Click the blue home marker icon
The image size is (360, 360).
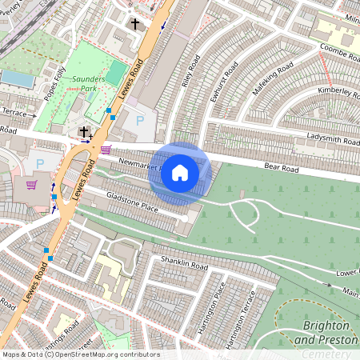tap(180, 173)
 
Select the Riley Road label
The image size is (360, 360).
tap(190, 74)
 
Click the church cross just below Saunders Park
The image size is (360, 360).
tap(84, 131)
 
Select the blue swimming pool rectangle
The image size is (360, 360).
tap(16, 78)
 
